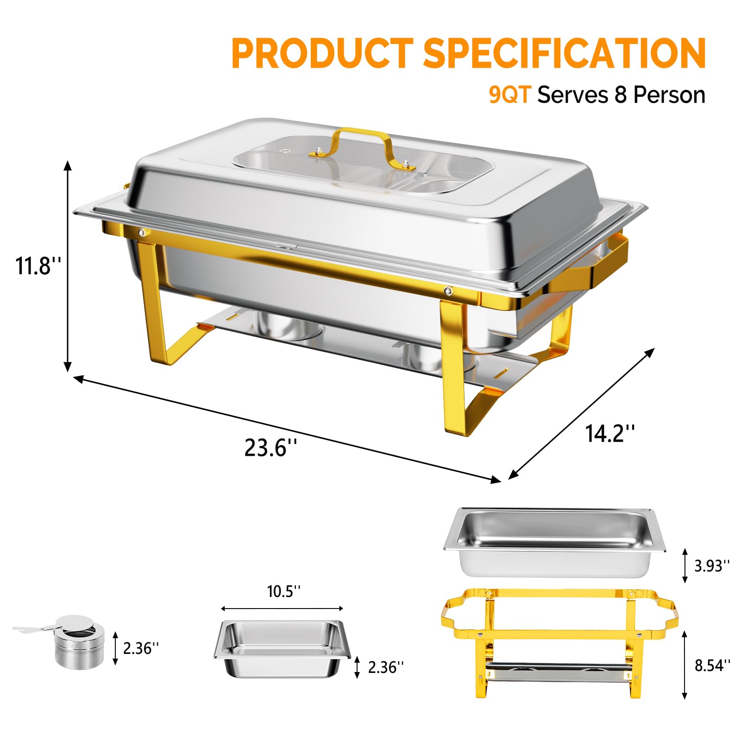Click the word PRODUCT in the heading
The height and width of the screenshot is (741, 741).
(322, 54)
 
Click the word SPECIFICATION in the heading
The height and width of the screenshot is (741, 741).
(565, 54)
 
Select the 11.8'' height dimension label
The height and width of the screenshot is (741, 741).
(38, 266)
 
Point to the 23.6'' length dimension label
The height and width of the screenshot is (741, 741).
(270, 448)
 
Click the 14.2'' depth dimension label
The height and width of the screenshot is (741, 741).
(609, 433)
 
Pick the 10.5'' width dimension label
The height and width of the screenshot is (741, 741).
(283, 591)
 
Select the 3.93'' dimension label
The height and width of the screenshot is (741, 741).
(712, 565)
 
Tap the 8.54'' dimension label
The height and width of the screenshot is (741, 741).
(712, 666)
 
